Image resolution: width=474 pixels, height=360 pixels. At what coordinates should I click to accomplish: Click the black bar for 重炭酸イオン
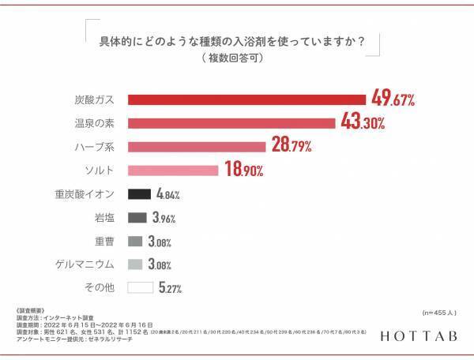[138, 193]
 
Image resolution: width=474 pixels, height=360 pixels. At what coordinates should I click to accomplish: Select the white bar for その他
[139, 288]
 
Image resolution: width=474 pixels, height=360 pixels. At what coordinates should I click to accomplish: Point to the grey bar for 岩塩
[137, 217]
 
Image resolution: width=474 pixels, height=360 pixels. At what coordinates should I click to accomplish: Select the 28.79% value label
[291, 146]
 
